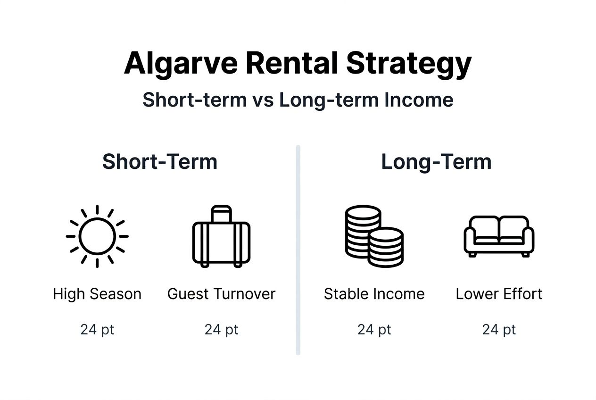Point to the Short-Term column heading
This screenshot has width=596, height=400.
[160, 162]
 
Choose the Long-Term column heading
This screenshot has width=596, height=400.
[436, 162]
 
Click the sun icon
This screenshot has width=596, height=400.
[97, 236]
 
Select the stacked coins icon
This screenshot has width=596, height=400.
[374, 236]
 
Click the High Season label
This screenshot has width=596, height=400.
[97, 294]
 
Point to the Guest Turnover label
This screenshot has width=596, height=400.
[221, 294]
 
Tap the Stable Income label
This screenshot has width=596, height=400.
[374, 294]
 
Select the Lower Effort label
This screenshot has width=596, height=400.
[499, 294]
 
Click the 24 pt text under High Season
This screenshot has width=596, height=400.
[97, 329]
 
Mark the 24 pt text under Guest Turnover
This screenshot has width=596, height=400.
[221, 329]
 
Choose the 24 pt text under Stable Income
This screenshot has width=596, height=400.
[374, 329]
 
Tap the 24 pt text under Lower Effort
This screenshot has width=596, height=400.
[499, 329]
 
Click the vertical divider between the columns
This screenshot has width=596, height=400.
[298, 250]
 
